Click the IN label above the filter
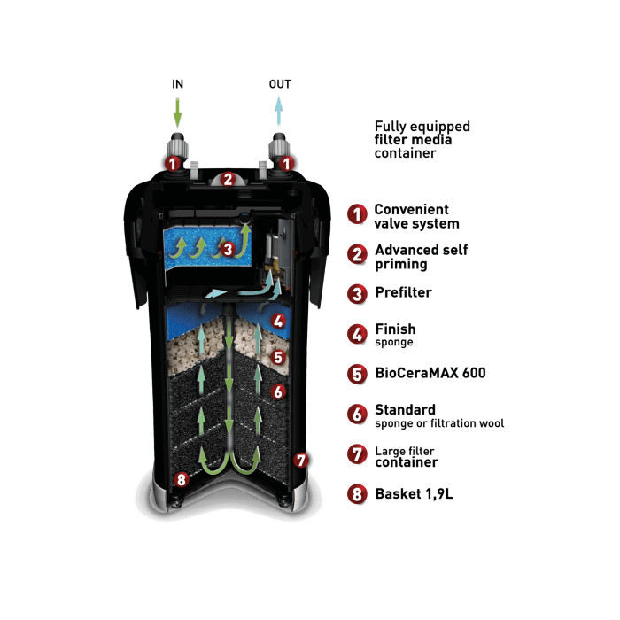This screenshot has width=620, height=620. (177, 84)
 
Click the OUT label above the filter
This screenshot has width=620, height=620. (280, 84)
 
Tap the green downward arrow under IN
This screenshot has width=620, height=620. (177, 113)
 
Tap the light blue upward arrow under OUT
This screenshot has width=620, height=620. (279, 111)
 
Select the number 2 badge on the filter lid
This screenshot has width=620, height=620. (228, 179)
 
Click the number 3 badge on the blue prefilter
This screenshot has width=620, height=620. (228, 250)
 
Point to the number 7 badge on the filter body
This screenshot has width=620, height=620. (301, 461)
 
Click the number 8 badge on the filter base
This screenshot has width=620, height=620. (181, 480)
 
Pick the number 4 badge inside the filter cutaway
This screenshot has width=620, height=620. (278, 321)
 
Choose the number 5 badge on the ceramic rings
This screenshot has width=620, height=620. (278, 357)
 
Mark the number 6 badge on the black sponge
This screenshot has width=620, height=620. (278, 391)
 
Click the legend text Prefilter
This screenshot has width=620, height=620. (403, 292)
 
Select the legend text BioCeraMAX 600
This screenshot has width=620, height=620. (430, 373)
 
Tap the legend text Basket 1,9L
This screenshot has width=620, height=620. (414, 494)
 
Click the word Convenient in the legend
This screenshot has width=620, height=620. (411, 209)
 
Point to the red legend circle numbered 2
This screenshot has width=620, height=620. (357, 254)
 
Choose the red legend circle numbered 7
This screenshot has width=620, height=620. (357, 453)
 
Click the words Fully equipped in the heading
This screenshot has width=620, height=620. (422, 127)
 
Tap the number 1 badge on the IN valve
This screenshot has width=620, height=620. (173, 163)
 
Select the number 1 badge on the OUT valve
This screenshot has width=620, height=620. (286, 163)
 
